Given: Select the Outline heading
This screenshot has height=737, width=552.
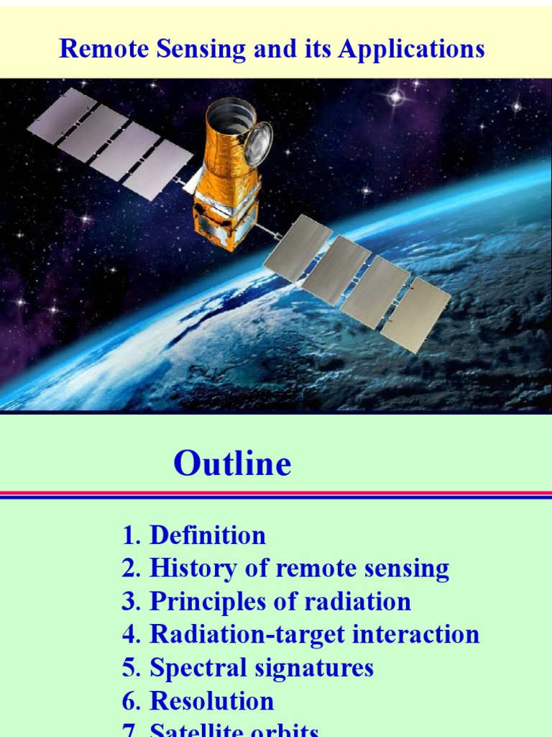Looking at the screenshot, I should [232, 464].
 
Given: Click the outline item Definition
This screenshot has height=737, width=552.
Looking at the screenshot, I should [207, 535].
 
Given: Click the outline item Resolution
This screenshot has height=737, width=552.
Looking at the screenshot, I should [211, 701].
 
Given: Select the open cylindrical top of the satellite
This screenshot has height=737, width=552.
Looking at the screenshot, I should [229, 115].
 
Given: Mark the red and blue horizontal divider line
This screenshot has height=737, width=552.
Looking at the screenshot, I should [276, 494].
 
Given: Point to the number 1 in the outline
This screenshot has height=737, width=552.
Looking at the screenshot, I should [129, 535].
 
